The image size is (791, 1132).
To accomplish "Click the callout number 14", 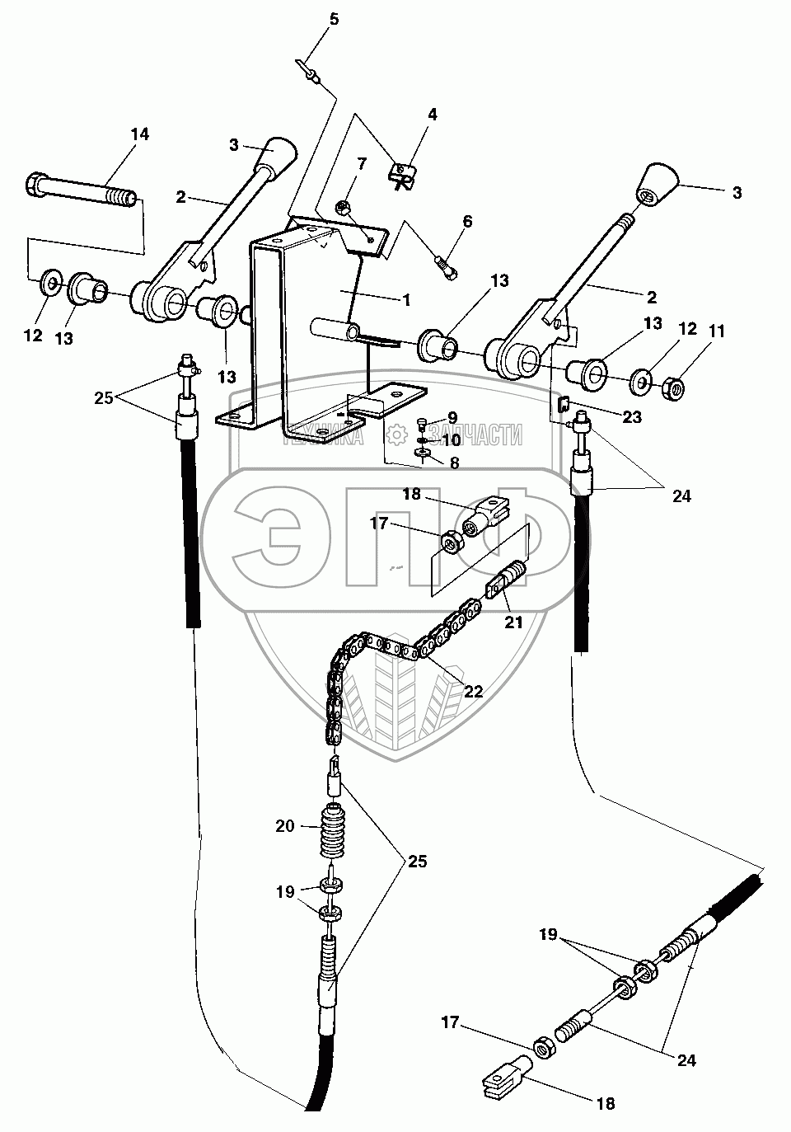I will (x=140, y=134).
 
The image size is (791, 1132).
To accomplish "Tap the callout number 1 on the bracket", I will (x=405, y=300).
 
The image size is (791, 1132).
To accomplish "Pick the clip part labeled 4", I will (x=400, y=174).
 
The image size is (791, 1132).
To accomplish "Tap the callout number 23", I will (x=632, y=417).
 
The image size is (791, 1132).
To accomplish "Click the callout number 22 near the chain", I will (x=472, y=691).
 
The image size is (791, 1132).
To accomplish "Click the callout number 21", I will (x=513, y=623).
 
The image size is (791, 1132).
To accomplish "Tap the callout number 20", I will (x=285, y=825).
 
